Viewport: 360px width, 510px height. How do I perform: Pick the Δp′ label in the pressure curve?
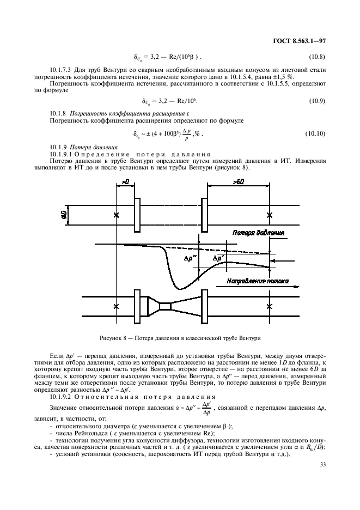[x=218, y=257]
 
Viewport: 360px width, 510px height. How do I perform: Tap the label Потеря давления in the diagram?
[x=258, y=233]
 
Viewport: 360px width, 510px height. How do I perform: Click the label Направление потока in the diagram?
[x=252, y=282]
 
